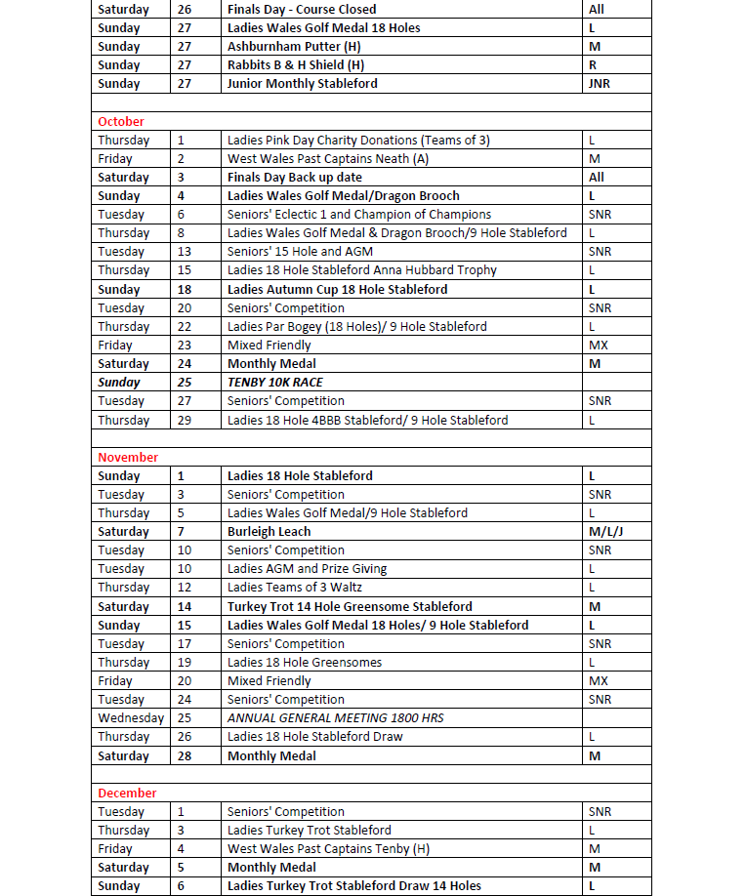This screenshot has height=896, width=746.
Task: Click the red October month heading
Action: click(x=121, y=122)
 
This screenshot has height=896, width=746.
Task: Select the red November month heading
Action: click(x=128, y=458)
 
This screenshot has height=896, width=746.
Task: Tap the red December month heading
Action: click(x=127, y=794)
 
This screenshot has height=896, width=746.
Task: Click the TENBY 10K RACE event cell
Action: click(x=274, y=383)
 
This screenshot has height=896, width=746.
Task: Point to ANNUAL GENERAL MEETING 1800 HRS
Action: click(x=335, y=718)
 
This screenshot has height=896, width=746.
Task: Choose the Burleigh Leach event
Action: click(x=269, y=532)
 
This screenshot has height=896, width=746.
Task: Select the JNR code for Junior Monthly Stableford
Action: click(x=599, y=84)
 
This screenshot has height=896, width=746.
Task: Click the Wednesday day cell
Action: click(x=131, y=718)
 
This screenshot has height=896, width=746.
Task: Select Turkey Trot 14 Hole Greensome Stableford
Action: click(x=350, y=607)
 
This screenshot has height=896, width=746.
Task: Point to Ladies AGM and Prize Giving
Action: click(x=307, y=569)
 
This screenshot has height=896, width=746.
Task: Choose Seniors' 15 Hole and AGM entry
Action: click(x=300, y=252)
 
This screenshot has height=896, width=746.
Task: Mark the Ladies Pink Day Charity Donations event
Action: click(x=358, y=141)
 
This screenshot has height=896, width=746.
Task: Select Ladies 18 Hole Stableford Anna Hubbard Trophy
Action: click(x=361, y=270)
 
